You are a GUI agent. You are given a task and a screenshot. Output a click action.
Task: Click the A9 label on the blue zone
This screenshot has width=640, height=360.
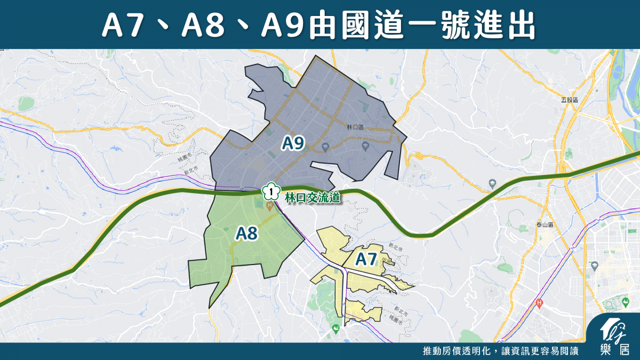[x=293, y=143]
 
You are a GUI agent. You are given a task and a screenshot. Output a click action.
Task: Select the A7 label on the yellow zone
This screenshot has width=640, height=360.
[x=366, y=260]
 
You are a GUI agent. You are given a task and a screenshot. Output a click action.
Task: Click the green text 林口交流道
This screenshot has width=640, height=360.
[x=313, y=198]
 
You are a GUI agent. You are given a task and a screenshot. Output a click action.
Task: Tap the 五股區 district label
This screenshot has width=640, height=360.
[x=570, y=100]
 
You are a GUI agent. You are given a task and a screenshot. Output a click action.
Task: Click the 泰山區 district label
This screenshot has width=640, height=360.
[x=544, y=226]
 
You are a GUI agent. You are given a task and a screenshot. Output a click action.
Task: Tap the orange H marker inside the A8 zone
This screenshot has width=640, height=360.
[x=269, y=205]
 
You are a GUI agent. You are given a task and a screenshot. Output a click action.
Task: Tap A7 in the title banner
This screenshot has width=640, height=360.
[x=122, y=26]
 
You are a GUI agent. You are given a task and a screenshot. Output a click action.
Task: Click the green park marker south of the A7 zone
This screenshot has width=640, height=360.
[x=336, y=327]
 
